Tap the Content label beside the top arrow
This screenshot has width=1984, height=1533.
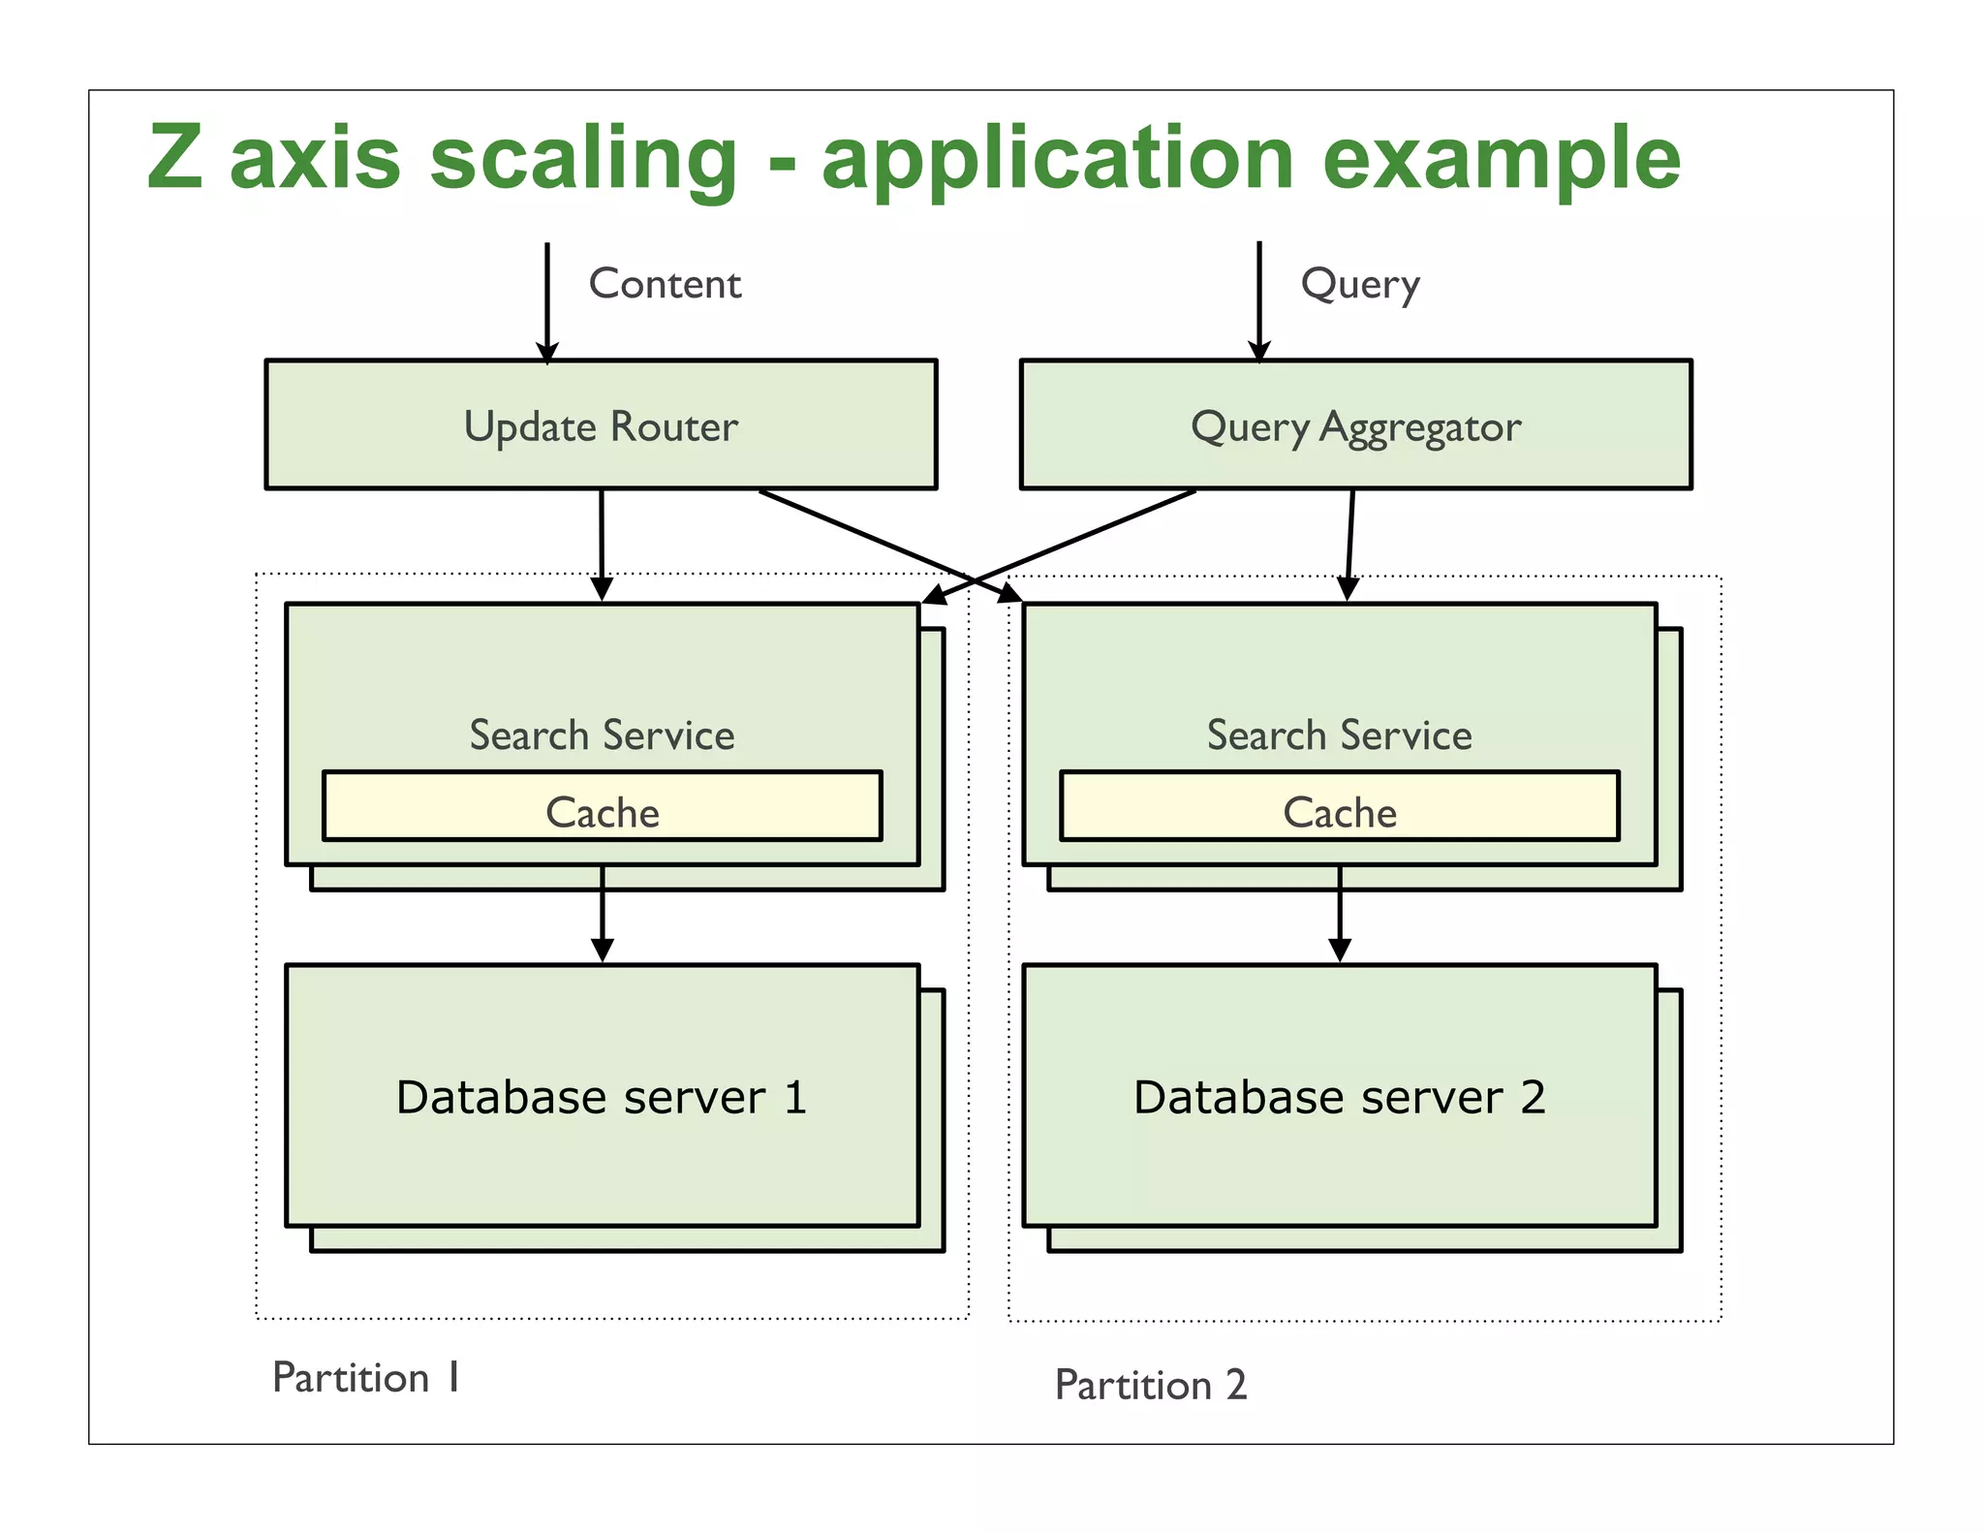[x=665, y=284]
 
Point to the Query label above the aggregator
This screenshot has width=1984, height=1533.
[x=1359, y=284]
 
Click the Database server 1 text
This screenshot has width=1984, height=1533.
[x=602, y=1097]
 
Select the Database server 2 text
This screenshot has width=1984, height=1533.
[x=1339, y=1097]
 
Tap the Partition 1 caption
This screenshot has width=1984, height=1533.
[x=366, y=1377]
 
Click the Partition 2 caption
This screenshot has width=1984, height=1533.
[x=1150, y=1384]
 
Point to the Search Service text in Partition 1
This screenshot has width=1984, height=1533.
[x=602, y=735]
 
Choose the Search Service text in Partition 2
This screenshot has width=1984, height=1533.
[x=1339, y=735]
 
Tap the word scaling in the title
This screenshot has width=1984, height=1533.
[x=582, y=160]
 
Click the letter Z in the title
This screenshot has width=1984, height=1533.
[x=175, y=157]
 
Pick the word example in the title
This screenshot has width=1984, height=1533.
[x=1501, y=160]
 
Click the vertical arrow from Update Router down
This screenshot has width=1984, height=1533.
[x=602, y=543]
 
